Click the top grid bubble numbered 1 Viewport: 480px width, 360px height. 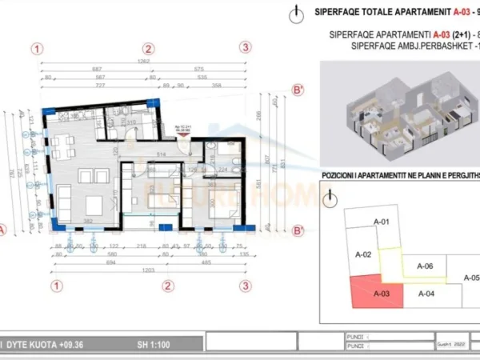[x=38, y=48]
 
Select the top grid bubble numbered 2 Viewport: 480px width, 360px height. [x=150, y=48]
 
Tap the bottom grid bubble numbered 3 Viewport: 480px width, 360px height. [x=245, y=285]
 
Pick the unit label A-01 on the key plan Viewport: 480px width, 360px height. [x=382, y=222]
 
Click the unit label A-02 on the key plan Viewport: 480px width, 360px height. [x=362, y=254]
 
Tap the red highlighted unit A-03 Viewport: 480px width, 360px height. [x=378, y=293]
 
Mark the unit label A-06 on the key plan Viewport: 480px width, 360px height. [x=426, y=266]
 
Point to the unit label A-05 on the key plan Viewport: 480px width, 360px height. [x=470, y=278]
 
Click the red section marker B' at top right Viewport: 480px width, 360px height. [x=298, y=90]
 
